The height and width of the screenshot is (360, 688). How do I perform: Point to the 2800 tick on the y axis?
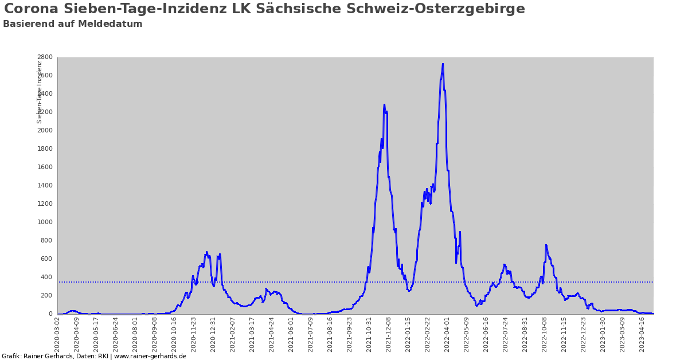tap(45, 57)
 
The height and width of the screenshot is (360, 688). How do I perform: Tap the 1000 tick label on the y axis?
tap(45, 222)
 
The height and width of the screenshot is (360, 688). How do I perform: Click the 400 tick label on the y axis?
tap(47, 277)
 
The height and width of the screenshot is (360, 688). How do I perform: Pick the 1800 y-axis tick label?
tap(45, 149)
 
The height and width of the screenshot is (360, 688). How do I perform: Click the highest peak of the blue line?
tap(443, 64)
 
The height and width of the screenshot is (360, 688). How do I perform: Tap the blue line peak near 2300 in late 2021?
tap(384, 104)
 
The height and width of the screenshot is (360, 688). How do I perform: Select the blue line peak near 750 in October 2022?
tap(546, 245)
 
